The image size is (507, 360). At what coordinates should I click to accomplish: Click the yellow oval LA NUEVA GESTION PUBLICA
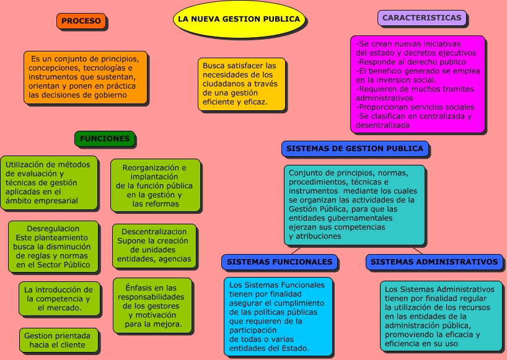239,19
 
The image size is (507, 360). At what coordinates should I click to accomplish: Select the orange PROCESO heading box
81,21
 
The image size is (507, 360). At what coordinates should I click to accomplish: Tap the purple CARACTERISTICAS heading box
421,18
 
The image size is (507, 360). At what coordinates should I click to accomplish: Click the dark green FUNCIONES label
105,139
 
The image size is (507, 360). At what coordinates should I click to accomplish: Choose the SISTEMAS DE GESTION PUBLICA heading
355,149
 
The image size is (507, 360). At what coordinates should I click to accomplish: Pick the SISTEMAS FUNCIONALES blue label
280,262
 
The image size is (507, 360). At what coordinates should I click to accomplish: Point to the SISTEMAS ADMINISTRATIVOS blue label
434,262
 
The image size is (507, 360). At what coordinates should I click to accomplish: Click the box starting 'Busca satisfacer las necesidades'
242,84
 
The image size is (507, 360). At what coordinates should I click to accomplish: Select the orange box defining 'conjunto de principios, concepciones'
86,77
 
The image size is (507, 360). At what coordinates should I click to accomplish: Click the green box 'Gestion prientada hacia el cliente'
58,340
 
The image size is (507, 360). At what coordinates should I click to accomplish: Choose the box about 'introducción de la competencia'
59,298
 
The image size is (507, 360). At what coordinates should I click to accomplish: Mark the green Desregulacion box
53,247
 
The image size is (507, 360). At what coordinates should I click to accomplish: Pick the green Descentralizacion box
154,245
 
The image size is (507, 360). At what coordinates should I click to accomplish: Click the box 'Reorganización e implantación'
155,185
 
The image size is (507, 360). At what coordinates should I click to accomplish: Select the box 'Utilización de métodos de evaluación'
49,183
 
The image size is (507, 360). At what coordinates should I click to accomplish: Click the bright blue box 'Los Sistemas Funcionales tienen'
278,317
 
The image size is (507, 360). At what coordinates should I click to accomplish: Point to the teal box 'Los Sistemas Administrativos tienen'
441,316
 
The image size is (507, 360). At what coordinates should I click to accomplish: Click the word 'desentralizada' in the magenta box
384,125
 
